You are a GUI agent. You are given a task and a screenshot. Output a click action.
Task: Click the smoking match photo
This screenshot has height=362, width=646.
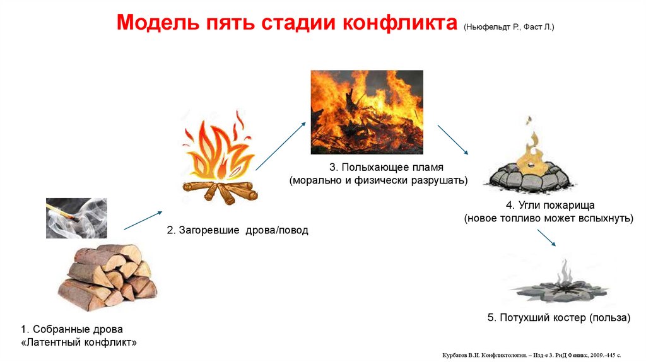[x=76, y=218]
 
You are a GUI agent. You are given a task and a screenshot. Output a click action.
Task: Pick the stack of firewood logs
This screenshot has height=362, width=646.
[x=107, y=277]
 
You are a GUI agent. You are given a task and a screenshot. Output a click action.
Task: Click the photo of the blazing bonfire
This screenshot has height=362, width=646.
[x=367, y=112]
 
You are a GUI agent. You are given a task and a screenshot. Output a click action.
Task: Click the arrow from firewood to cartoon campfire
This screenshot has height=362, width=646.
[x=143, y=219]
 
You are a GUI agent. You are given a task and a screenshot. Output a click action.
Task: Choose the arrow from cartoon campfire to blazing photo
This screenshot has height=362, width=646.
[x=280, y=146]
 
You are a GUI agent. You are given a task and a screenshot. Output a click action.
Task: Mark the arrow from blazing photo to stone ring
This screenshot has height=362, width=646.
[x=452, y=139]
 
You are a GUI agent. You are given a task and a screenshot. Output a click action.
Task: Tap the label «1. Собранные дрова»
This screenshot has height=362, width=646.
[x=72, y=329]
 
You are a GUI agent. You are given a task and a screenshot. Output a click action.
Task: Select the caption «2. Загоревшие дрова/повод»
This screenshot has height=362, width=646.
[x=237, y=230]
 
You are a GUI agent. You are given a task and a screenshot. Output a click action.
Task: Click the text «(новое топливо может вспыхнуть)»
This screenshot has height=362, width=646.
[x=548, y=218]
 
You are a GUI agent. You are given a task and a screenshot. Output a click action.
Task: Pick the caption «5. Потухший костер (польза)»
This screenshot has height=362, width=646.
[x=558, y=318]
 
